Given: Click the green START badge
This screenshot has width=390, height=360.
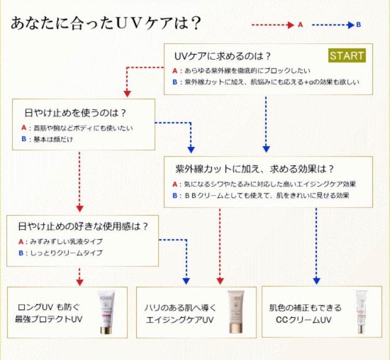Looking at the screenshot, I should pyautogui.click(x=347, y=56).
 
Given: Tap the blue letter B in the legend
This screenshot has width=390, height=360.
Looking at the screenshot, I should pyautogui.click(x=359, y=24).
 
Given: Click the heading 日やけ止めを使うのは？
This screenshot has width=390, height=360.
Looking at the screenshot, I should pyautogui.click(x=76, y=112).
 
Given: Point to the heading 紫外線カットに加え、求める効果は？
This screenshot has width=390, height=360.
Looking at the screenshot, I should pyautogui.click(x=255, y=169).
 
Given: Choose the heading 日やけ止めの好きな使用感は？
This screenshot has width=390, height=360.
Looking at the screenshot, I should pyautogui.click(x=83, y=226).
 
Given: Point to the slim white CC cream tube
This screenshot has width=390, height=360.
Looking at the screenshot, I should pyautogui.click(x=362, y=312).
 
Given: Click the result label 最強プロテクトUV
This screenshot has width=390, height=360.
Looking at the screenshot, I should pyautogui.click(x=48, y=319).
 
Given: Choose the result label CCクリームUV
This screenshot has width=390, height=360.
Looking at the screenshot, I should pyautogui.click(x=303, y=318).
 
